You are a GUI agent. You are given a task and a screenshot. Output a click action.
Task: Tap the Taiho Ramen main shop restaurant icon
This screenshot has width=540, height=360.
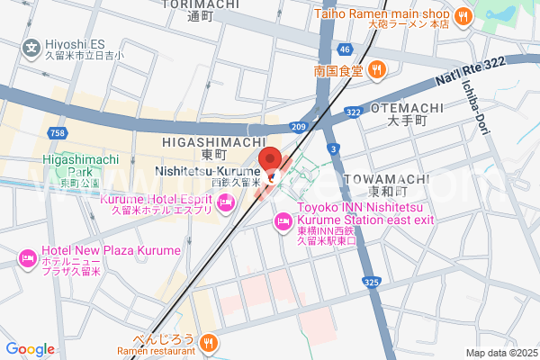pos(463,15)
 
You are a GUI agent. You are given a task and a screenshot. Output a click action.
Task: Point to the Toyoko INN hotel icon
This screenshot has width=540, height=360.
pos(282,220)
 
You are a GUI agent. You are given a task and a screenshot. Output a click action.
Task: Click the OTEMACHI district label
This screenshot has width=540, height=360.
pos(406,108)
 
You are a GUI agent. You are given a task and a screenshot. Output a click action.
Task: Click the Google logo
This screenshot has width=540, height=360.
pos(30,349)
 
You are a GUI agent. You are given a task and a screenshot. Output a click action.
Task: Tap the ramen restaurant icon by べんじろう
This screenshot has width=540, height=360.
pos(209,341)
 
